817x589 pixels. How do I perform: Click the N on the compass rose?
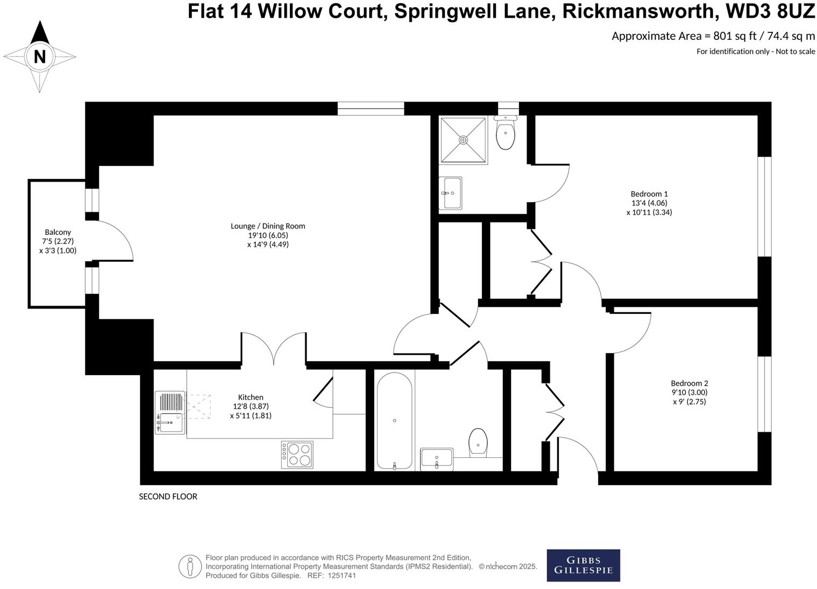coord(39,56)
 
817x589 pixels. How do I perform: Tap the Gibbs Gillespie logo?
coord(583,565)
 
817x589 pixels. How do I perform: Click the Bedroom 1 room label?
coord(649,203)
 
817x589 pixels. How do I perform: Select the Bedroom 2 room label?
coord(689,392)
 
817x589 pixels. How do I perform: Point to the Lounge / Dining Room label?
coord(268,235)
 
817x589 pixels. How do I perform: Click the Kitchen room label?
coord(251,406)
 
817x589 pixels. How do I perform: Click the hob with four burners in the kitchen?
coord(297,454)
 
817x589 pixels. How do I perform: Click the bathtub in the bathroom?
coord(394,421)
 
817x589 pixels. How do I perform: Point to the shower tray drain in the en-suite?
coord(464,140)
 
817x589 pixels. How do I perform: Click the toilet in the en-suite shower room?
coord(505,133)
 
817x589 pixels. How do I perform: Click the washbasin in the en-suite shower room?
coord(450,193)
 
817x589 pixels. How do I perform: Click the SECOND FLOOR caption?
coord(168,497)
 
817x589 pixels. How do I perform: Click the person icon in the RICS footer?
coord(190,566)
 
